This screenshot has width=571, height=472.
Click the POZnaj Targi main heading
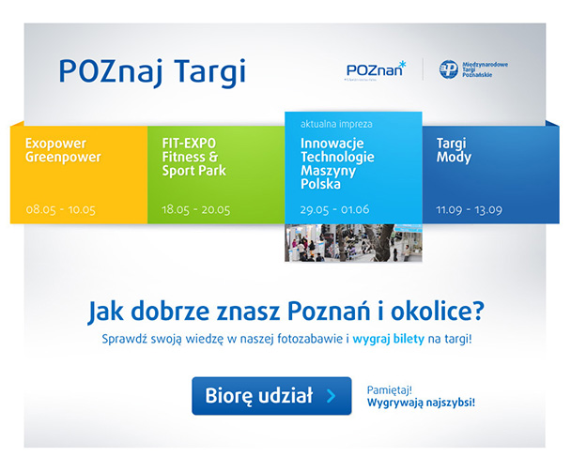tap(151, 71)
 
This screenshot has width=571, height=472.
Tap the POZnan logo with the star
tap(376, 69)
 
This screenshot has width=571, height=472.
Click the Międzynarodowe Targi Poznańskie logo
tap(474, 69)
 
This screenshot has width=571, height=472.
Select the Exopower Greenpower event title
tap(63, 150)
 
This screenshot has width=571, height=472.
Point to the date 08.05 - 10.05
tap(61, 209)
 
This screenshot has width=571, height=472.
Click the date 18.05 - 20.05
tap(196, 209)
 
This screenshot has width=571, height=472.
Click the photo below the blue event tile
tap(353, 242)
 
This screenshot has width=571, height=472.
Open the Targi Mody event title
tap(455, 150)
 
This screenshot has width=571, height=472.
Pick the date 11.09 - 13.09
tap(469, 209)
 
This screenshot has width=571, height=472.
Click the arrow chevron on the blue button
tap(332, 396)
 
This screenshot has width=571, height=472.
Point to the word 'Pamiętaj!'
tap(390, 388)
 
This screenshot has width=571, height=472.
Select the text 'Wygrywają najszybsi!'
tap(422, 403)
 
